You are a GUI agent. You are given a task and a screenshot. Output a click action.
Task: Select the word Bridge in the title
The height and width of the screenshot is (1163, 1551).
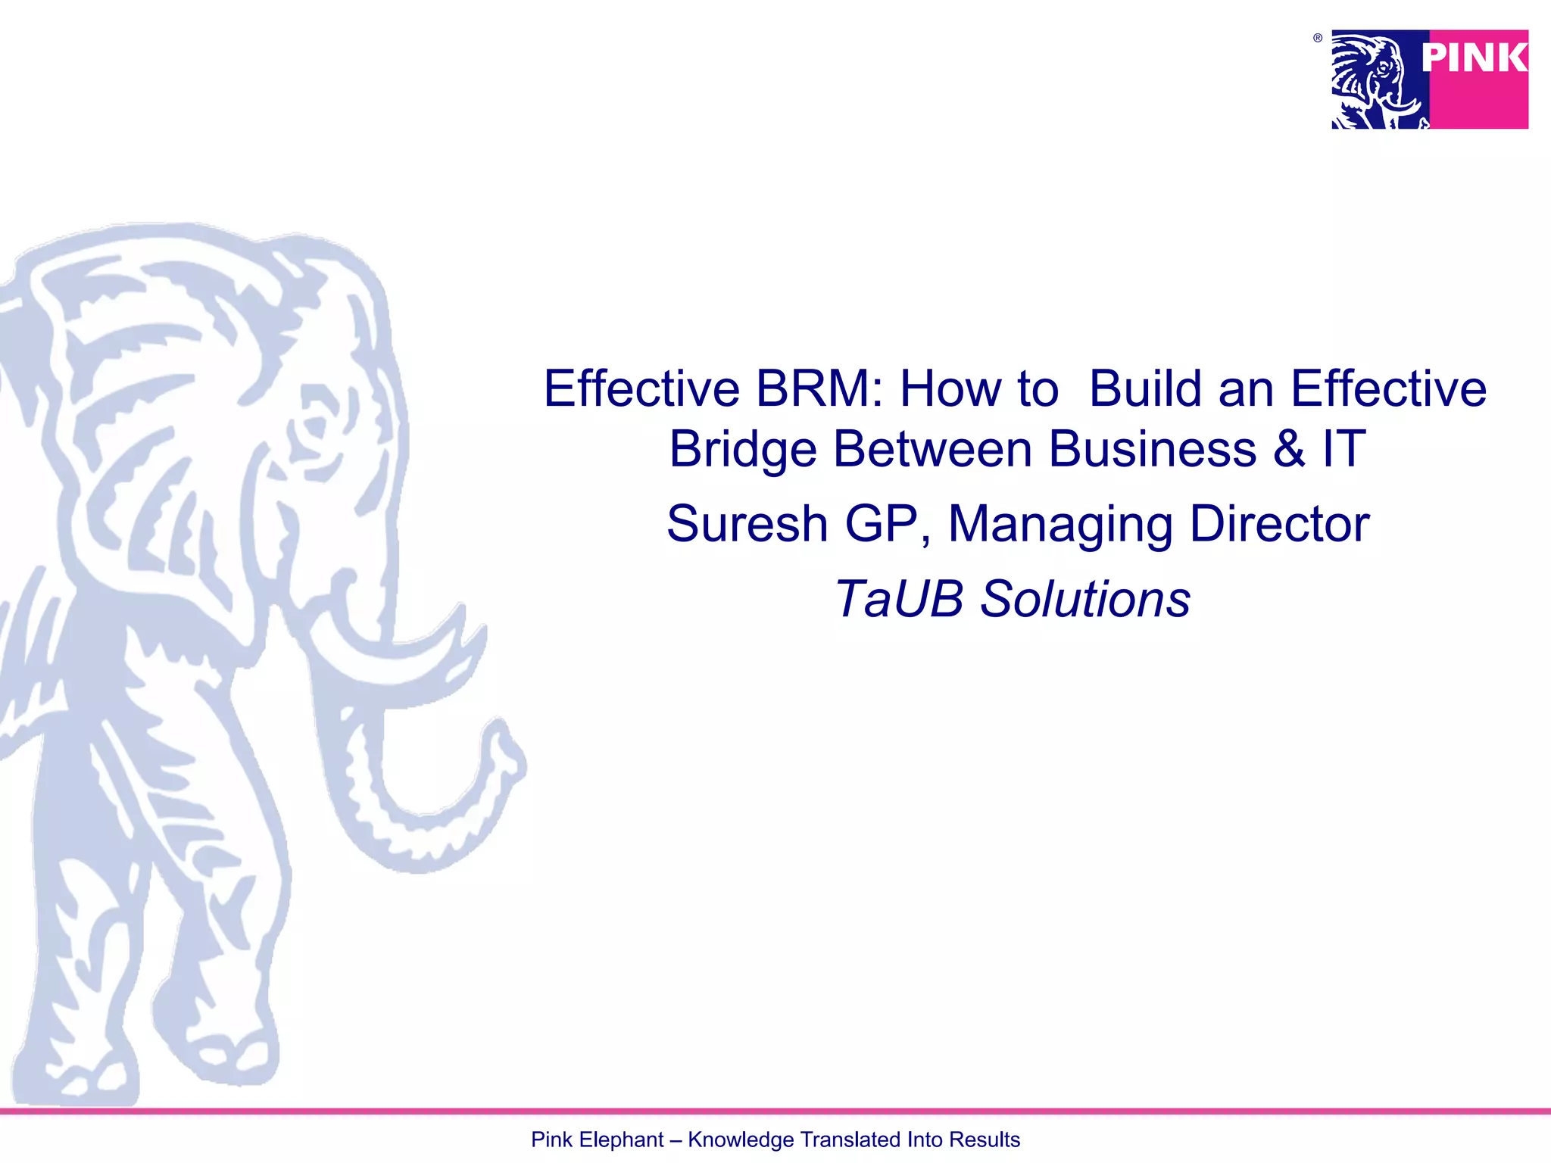click(742, 449)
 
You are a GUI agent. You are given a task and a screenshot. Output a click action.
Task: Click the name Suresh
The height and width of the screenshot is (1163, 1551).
click(747, 524)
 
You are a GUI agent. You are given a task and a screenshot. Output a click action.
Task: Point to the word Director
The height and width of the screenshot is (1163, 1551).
click(1279, 524)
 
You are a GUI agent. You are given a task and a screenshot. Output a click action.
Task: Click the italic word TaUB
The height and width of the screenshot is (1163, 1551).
click(899, 599)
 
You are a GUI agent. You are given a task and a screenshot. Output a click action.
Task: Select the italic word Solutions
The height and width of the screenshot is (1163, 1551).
click(1085, 599)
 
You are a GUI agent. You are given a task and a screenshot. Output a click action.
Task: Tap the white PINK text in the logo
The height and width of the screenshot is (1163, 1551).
click(1474, 58)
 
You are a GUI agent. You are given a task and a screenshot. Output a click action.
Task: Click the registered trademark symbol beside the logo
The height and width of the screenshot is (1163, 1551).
click(1318, 38)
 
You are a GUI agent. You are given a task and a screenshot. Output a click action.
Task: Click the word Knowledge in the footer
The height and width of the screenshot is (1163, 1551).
click(741, 1140)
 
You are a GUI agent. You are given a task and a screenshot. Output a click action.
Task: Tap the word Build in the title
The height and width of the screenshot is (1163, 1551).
click(1145, 389)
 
